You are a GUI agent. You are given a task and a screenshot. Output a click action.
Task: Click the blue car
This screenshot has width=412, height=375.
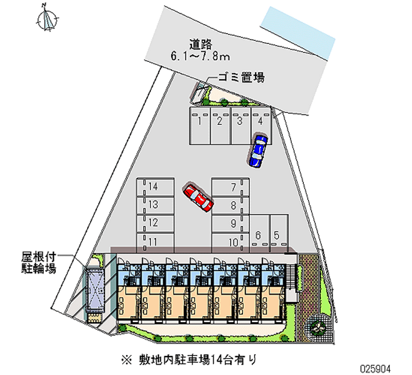[x=257, y=150]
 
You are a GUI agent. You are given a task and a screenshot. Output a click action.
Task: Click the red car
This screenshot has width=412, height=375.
[x=198, y=198]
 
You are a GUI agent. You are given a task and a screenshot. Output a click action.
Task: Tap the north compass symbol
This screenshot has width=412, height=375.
[x=48, y=20]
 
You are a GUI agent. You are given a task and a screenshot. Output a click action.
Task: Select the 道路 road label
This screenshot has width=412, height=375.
[x=201, y=44]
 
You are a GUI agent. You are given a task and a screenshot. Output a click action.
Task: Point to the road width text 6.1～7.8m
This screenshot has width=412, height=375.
[x=201, y=56]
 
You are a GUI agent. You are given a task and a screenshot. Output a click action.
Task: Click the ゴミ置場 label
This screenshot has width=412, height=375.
[x=241, y=78]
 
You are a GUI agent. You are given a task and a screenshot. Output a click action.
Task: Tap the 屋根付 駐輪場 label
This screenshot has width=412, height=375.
[x=39, y=262]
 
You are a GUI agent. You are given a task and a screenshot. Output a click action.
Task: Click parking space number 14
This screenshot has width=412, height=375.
[x=153, y=186]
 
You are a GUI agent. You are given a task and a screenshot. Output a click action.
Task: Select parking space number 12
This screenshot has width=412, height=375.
[x=153, y=223]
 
